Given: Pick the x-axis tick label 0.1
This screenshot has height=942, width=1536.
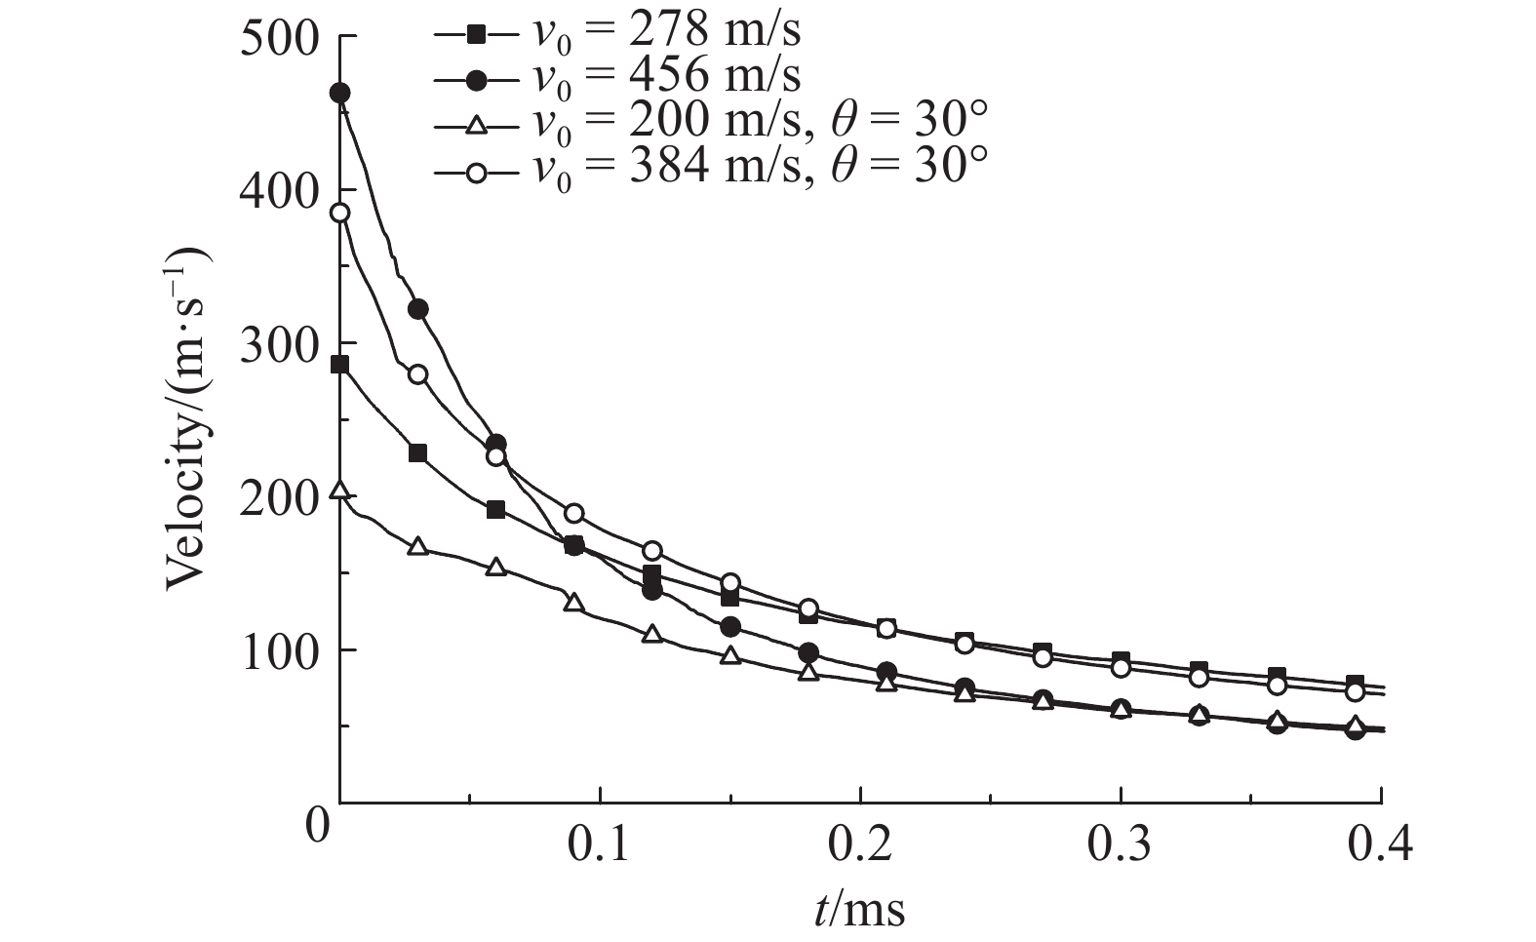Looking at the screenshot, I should click(x=600, y=844).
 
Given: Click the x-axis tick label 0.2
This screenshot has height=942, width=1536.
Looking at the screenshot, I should click(x=860, y=844).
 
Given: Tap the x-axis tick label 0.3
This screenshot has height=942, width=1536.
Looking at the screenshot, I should click(x=1122, y=844).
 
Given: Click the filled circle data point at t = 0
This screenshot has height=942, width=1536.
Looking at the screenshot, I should click(x=340, y=94).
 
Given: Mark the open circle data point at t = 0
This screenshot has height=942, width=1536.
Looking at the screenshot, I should click(x=340, y=214).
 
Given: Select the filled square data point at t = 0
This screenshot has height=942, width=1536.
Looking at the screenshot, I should click(x=340, y=365).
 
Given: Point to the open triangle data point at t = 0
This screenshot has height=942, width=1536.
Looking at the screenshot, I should click(x=340, y=491).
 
